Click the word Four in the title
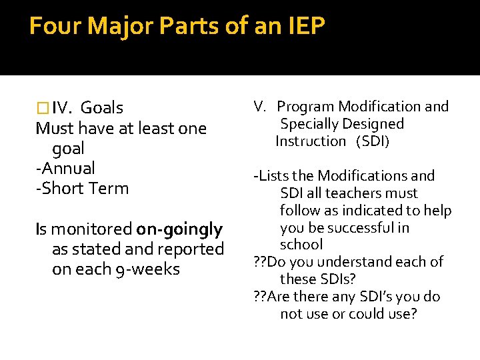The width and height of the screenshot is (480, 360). tap(55, 27)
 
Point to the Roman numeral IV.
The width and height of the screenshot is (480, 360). tap(61, 108)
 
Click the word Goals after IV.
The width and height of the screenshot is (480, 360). tap(101, 108)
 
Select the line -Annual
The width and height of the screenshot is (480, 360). tap(65, 168)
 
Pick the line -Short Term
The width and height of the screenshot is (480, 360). tap(82, 188)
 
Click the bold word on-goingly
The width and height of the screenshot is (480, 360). tap(179, 229)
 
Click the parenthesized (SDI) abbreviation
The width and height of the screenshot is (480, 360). tap(373, 141)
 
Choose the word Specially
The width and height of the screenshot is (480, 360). tap(309, 124)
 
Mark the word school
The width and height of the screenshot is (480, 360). tap(301, 245)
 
